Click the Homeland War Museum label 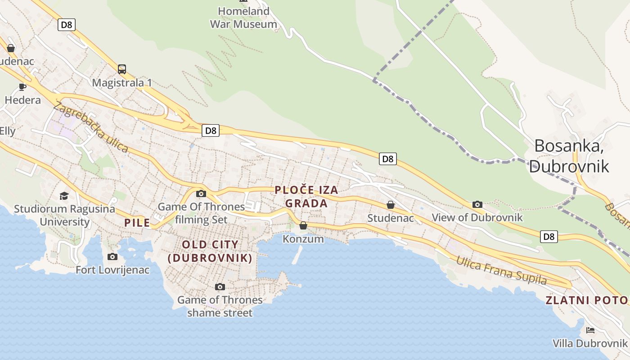click(243, 18)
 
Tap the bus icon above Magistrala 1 click(122, 69)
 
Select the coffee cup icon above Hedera click(22, 87)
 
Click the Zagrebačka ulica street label click(90, 127)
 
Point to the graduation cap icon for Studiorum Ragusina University click(64, 196)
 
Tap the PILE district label click(137, 222)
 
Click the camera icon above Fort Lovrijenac click(112, 256)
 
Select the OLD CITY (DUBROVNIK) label click(210, 251)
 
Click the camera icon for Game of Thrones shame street click(220, 287)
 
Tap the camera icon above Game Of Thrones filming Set click(201, 194)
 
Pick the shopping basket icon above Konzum click(303, 225)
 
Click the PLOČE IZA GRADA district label click(306, 197)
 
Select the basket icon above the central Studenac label click(391, 205)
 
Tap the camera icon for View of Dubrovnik click(477, 204)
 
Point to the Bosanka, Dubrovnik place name click(569, 156)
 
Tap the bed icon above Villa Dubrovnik click(590, 330)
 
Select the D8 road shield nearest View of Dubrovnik click(549, 236)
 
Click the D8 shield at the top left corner click(66, 25)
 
